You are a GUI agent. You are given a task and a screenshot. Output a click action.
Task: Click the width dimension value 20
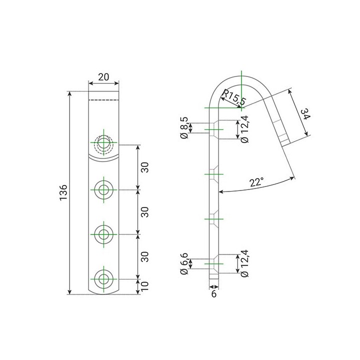click(x=103, y=76)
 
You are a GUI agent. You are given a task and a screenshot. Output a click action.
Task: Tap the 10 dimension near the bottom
click(x=144, y=286)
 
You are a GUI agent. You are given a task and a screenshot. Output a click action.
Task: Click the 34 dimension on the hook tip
click(x=305, y=116)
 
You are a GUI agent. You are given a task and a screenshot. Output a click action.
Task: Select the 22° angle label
click(x=256, y=183)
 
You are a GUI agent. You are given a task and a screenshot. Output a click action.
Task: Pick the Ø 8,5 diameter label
click(x=185, y=128)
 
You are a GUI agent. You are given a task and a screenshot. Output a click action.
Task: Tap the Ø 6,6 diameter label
click(x=185, y=264)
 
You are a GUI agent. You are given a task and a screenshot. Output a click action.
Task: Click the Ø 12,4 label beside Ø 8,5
click(x=244, y=128)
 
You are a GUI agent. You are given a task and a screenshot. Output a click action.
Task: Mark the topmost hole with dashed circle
click(x=104, y=143)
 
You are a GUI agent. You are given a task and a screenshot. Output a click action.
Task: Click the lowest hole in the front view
click(x=104, y=278)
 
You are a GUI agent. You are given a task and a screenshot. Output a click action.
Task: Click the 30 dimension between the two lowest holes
click(x=144, y=256)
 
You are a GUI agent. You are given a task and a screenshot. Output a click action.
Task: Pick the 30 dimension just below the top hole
click(x=144, y=167)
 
